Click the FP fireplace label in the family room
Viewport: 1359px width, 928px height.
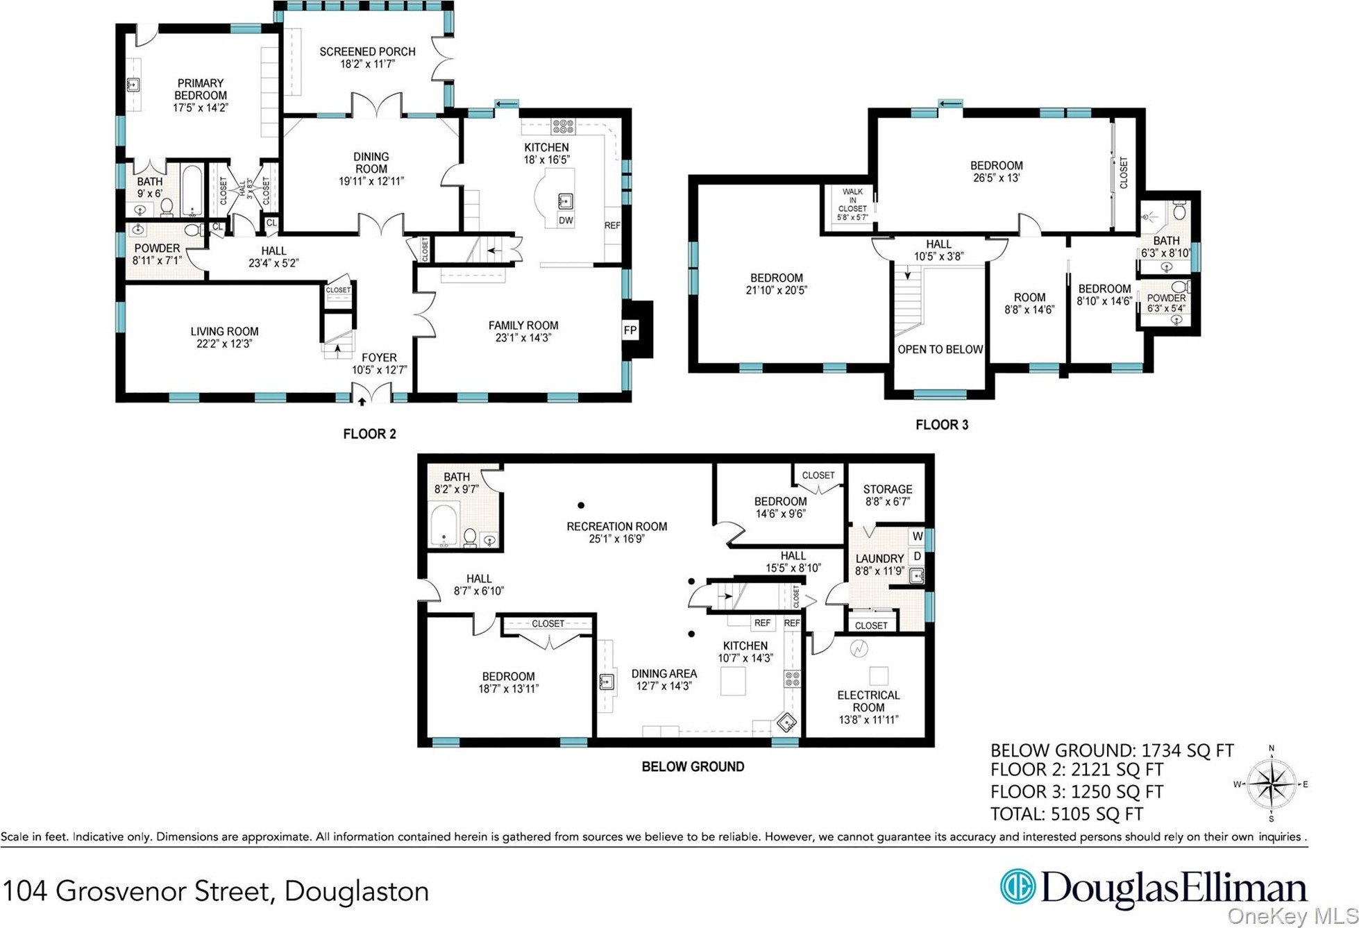pos(630,330)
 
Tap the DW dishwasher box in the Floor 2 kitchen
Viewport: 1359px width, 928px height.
pos(566,221)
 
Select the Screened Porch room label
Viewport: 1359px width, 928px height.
pos(367,51)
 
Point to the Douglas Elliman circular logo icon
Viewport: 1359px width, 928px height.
pos(1017,888)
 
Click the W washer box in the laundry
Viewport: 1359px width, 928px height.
pos(917,536)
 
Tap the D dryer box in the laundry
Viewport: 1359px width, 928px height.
pos(917,556)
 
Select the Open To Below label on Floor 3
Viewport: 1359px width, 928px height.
pos(940,349)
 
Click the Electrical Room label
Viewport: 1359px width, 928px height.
pos(868,701)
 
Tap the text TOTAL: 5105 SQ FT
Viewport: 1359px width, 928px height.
pos(1066,813)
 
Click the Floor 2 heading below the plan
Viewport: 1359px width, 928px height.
pos(369,434)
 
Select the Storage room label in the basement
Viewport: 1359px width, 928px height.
pos(888,489)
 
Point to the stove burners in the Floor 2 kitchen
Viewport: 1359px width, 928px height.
pos(563,127)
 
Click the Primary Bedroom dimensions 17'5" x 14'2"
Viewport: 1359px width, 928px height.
pos(201,108)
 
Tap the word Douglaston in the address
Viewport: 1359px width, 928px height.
pos(357,891)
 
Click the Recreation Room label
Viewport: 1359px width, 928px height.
pos(616,526)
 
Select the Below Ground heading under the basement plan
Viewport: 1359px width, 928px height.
pos(693,766)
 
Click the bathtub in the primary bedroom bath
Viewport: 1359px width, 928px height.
pos(192,190)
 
